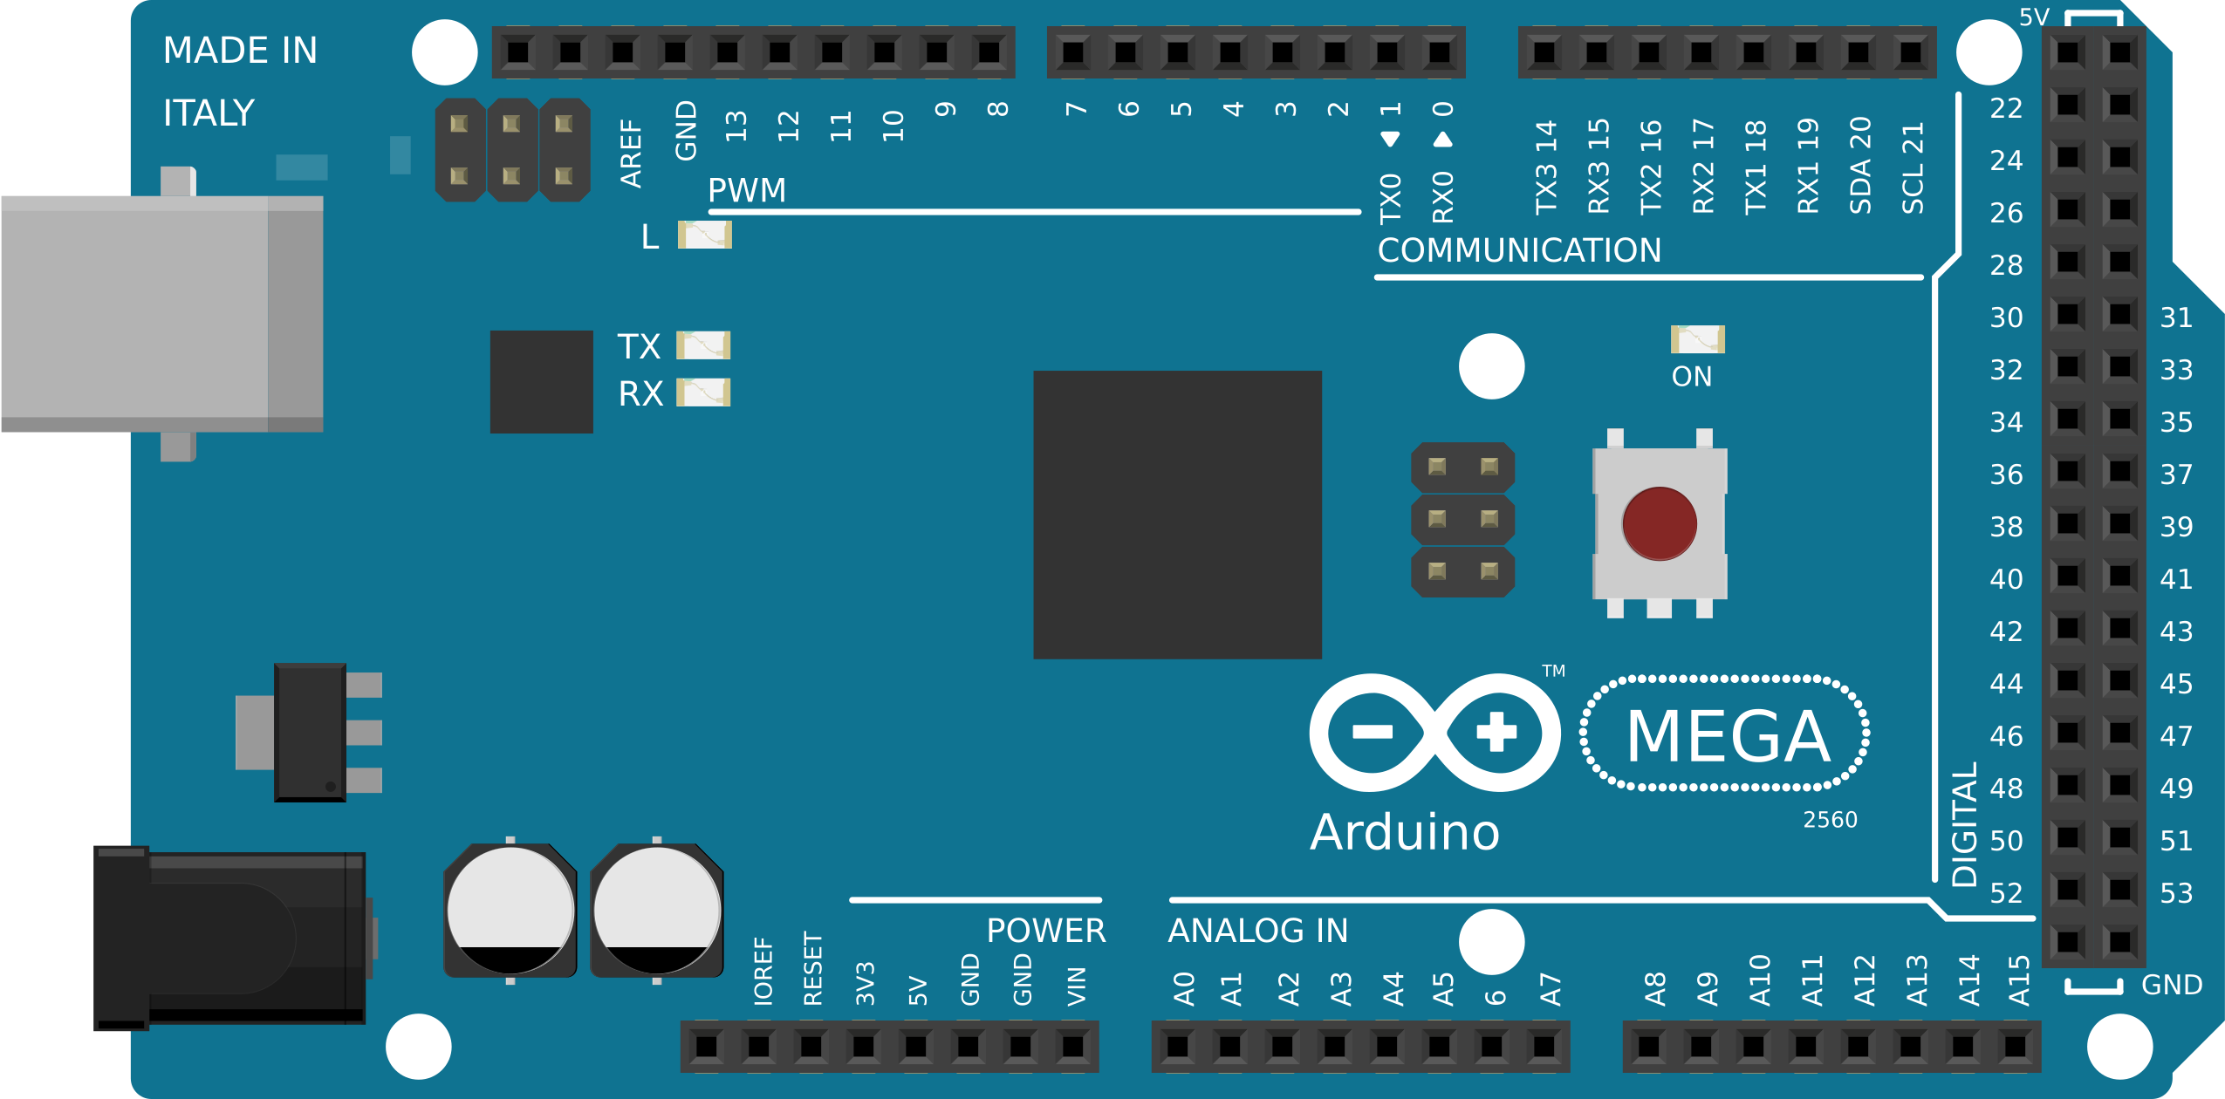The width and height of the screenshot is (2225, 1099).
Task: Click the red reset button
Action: click(1659, 523)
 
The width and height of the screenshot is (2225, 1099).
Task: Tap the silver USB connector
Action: click(161, 314)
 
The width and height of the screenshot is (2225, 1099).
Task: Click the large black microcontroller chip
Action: click(1177, 515)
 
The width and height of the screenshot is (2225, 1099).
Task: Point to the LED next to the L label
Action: click(704, 235)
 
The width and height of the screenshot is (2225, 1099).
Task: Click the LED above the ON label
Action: click(1697, 338)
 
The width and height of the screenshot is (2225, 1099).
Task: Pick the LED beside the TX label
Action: click(703, 345)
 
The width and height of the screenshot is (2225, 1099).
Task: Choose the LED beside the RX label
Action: click(703, 392)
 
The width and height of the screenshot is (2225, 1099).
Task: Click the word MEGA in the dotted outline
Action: click(1727, 736)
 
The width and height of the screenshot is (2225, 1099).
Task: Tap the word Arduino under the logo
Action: click(1405, 832)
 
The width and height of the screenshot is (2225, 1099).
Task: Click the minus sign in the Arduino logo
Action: click(1373, 732)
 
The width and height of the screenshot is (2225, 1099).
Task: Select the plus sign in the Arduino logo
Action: click(1496, 732)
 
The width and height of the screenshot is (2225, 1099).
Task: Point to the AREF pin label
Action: click(631, 154)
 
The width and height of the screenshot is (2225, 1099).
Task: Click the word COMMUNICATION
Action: click(1519, 250)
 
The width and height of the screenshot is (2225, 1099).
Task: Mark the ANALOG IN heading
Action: click(1257, 931)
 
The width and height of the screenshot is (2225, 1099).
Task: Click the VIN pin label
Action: click(1077, 986)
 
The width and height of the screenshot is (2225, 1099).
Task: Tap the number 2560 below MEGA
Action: click(1830, 820)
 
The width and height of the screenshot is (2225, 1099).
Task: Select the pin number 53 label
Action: click(2176, 893)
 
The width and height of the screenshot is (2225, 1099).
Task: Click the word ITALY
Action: click(209, 113)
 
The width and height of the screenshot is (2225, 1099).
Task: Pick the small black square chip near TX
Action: click(541, 381)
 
